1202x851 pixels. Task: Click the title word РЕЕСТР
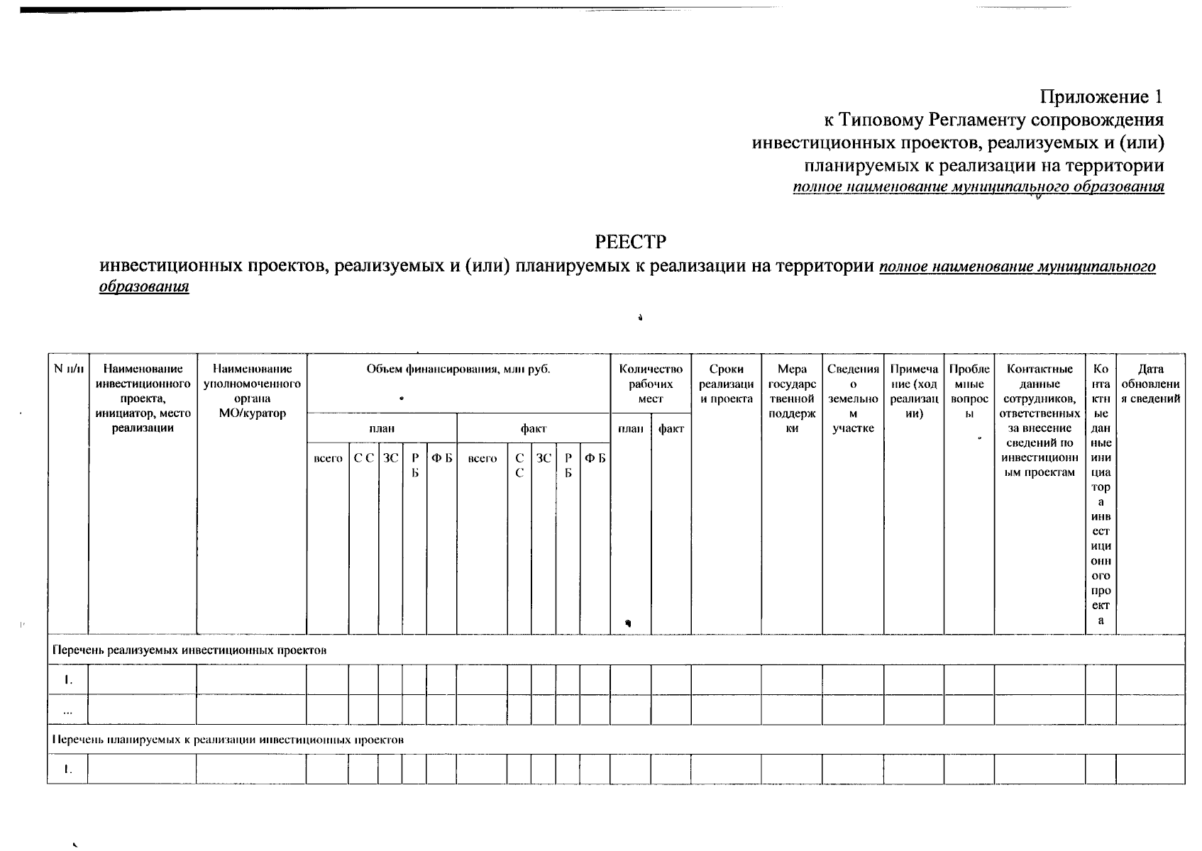pyautogui.click(x=631, y=243)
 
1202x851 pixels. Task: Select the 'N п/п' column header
pyautogui.click(x=68, y=369)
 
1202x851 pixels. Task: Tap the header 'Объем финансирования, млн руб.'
pyautogui.click(x=458, y=369)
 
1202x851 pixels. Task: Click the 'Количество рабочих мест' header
pyautogui.click(x=651, y=384)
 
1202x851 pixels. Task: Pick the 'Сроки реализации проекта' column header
pyautogui.click(x=726, y=384)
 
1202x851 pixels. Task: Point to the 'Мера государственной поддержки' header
pyautogui.click(x=792, y=399)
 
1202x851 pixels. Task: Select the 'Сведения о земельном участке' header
pyautogui.click(x=853, y=399)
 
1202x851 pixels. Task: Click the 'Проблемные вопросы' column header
pyautogui.click(x=969, y=391)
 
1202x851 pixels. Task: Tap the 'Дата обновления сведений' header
pyautogui.click(x=1149, y=384)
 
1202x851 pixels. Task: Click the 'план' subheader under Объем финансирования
pyautogui.click(x=382, y=428)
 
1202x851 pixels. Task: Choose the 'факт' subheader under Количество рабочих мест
pyautogui.click(x=671, y=428)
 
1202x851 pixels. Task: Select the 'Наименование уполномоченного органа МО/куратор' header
pyautogui.click(x=252, y=391)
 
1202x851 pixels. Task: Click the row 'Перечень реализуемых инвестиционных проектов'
pyautogui.click(x=190, y=650)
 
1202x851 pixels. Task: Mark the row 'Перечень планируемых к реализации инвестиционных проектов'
pyautogui.click(x=228, y=739)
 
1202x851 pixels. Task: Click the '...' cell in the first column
pyautogui.click(x=68, y=710)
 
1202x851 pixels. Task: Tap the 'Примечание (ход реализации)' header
pyautogui.click(x=914, y=391)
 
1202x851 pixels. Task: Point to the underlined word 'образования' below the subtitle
pyautogui.click(x=144, y=287)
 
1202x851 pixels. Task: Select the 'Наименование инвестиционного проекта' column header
pyautogui.click(x=143, y=398)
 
